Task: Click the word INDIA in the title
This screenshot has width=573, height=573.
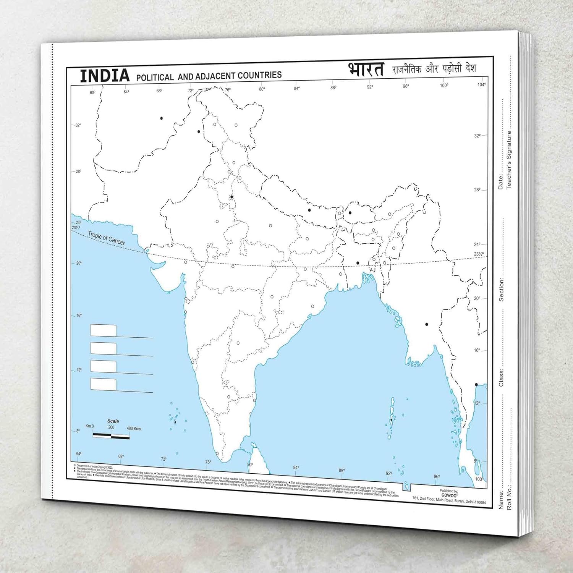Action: tap(105, 75)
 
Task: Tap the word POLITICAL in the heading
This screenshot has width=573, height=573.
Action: tap(155, 77)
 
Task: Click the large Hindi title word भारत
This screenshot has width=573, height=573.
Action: tap(366, 70)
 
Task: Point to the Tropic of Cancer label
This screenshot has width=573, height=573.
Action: tap(106, 238)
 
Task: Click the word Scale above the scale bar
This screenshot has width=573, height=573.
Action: tap(113, 421)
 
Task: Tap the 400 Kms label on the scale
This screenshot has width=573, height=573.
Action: tap(134, 429)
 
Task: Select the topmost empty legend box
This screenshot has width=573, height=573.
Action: tap(103, 330)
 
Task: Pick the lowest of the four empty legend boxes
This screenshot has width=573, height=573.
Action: tap(103, 384)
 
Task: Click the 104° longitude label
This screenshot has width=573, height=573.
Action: tap(481, 84)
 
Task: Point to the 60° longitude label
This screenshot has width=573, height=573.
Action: tap(92, 92)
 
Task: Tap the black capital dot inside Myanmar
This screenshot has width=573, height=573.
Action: tap(427, 324)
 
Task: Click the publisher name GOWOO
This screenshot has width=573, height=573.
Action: tap(448, 495)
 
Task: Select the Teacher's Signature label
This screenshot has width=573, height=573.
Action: tap(509, 160)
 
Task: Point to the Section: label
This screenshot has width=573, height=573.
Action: tap(501, 290)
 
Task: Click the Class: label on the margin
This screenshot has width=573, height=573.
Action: tap(501, 377)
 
